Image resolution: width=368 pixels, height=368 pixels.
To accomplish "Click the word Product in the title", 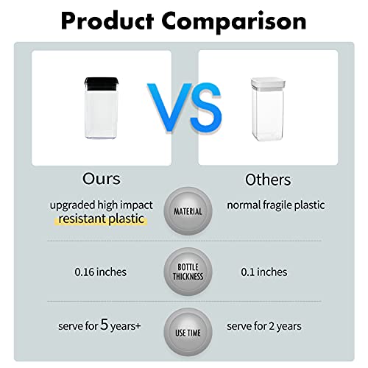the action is point(107,21).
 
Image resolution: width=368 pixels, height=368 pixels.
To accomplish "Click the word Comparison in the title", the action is point(234,23).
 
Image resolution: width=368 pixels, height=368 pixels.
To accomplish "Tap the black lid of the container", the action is point(102,83).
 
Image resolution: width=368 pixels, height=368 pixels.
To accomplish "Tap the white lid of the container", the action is point(268,83).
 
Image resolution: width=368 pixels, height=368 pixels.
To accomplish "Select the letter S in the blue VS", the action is point(206,108).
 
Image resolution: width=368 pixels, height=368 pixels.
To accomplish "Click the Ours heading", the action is point(102,178).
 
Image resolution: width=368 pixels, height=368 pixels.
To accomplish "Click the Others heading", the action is point(268,180).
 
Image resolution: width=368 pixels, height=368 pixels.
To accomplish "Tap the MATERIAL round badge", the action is point(188,211).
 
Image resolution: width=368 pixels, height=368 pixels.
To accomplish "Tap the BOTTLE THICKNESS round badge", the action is point(188,272).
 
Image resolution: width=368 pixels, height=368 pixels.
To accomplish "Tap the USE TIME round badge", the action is point(188,332).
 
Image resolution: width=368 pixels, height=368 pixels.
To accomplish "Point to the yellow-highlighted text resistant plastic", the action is point(101,219).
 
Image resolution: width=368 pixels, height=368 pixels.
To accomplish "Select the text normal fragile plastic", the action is point(276,205).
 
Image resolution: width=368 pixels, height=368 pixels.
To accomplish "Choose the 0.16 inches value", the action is point(101,272).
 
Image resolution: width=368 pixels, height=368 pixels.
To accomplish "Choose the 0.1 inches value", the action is point(264,272).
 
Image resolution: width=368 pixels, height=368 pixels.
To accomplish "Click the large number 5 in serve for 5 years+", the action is point(105,325).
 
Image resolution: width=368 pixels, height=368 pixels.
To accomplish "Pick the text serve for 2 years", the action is point(264,326).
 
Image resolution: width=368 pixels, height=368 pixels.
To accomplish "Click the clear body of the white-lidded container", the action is point(268,114).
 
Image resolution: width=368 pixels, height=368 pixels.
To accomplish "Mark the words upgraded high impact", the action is point(102,205).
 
